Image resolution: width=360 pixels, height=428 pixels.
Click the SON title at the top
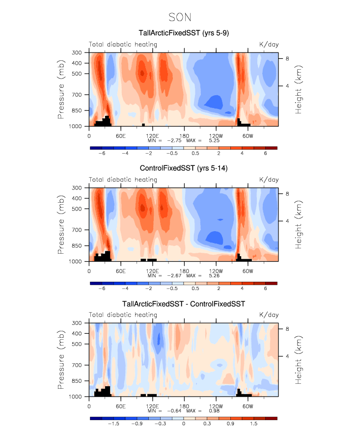[x=180, y=18]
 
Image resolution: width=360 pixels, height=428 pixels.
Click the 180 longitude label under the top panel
[x=184, y=135]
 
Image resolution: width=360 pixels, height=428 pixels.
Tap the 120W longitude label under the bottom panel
[x=216, y=406]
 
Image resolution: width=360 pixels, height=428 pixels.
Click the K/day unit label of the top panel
[x=269, y=45]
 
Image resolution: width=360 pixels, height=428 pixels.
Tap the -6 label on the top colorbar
[x=102, y=153]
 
